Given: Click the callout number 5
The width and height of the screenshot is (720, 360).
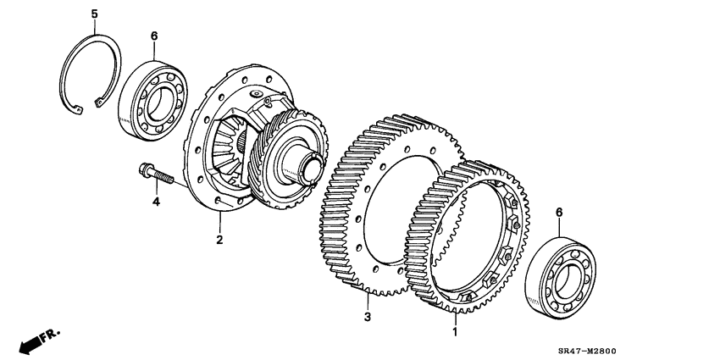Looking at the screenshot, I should (94, 13).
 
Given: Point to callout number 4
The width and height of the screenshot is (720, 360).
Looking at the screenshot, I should (155, 202).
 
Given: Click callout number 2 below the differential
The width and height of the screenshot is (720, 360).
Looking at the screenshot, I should (219, 241).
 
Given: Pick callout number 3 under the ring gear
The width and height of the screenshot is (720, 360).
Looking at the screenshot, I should (368, 318).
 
